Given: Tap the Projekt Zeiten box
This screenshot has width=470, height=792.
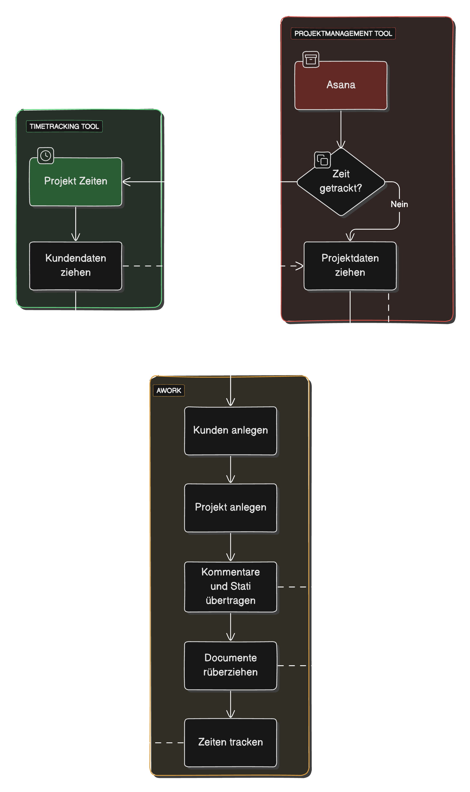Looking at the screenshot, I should pyautogui.click(x=75, y=181).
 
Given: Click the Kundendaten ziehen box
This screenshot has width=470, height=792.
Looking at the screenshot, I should pyautogui.click(x=75, y=266).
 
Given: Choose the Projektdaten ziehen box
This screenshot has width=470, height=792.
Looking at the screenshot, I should pyautogui.click(x=350, y=266).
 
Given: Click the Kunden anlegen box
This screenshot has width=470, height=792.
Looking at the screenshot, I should pyautogui.click(x=231, y=431).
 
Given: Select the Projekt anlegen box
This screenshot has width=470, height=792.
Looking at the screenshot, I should pyautogui.click(x=231, y=508).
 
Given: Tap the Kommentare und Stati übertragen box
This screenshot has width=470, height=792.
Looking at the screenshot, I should pyautogui.click(x=231, y=587).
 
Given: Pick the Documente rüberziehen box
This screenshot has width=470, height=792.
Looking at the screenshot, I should pyautogui.click(x=231, y=665).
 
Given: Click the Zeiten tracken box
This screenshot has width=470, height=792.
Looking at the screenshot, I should pyautogui.click(x=231, y=743).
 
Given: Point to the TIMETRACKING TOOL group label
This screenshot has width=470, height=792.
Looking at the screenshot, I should pyautogui.click(x=64, y=127).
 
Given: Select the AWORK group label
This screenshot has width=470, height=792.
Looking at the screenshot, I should pyautogui.click(x=169, y=391).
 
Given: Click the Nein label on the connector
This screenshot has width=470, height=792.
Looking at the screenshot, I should pyautogui.click(x=399, y=204).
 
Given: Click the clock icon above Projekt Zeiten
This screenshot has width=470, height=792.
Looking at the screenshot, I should pyautogui.click(x=46, y=156).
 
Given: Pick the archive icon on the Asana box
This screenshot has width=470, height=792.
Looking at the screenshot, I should pyautogui.click(x=311, y=59).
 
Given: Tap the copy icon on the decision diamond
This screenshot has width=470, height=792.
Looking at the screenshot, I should pyautogui.click(x=322, y=160).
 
